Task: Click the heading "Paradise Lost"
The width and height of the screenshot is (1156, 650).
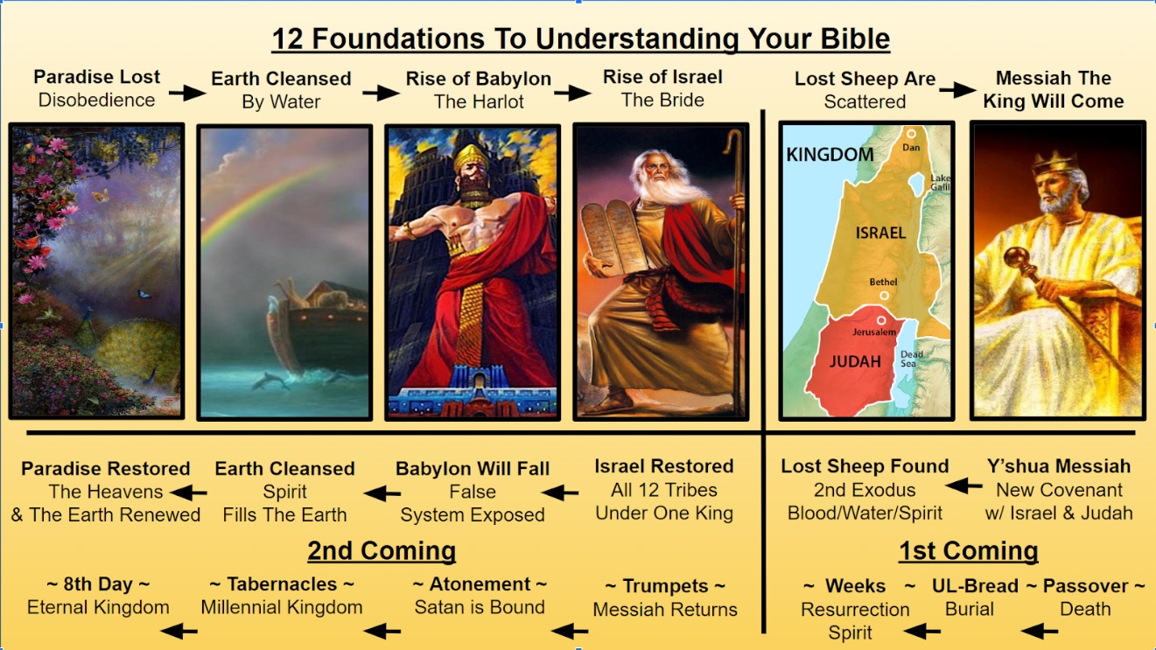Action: click(x=96, y=77)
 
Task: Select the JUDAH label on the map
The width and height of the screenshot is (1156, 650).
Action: click(x=856, y=360)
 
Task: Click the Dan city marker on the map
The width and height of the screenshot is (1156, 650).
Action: click(x=911, y=135)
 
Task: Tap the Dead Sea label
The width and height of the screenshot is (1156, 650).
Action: click(x=910, y=359)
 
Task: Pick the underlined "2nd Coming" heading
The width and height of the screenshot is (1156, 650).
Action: click(x=381, y=550)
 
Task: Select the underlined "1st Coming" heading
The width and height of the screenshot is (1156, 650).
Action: click(x=968, y=550)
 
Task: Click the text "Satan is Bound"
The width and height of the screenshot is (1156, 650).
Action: click(x=480, y=607)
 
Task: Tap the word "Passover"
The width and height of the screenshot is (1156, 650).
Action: click(x=1085, y=585)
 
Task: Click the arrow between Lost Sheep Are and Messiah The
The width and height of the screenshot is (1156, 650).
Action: click(x=964, y=89)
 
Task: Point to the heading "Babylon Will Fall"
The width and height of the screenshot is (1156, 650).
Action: click(x=473, y=469)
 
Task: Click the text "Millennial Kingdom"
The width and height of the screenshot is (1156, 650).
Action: click(x=281, y=607)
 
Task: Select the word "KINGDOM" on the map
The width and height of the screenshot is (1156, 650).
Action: click(x=830, y=155)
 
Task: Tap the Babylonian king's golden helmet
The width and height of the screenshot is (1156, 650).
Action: click(x=472, y=161)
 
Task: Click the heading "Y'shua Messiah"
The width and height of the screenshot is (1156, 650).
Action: click(x=1058, y=466)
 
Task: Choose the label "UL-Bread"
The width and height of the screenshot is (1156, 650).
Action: click(x=975, y=585)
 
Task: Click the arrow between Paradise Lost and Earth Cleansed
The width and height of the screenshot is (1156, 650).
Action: click(x=186, y=91)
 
